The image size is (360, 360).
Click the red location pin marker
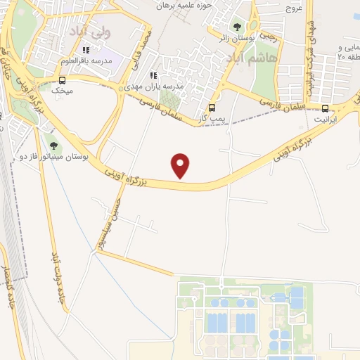(x=181, y=165)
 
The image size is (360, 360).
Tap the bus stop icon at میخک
(x=62, y=80)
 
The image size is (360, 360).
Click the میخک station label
(x=62, y=91)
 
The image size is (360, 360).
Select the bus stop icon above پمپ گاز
(x=212, y=108)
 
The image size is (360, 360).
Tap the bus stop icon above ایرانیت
(x=325, y=108)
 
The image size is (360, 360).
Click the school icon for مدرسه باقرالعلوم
(x=86, y=50)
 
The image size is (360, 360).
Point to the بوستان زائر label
(x=231, y=37)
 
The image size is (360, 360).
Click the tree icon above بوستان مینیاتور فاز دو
(x=53, y=145)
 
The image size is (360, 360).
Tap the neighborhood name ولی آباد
(x=90, y=32)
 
